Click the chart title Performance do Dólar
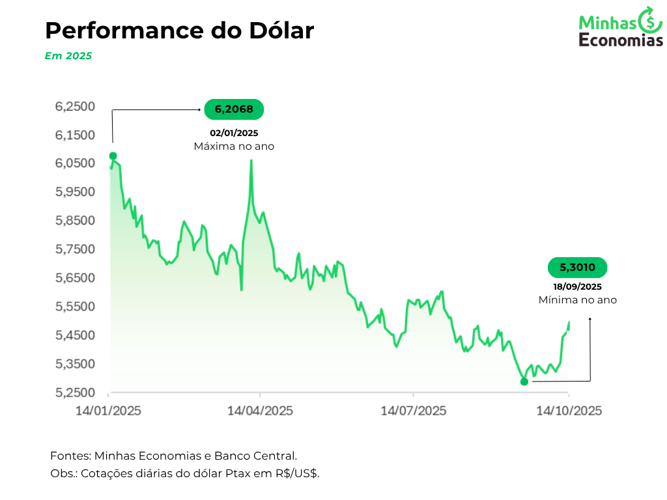tap(179, 31)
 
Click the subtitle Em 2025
tap(68, 56)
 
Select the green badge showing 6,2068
tap(234, 109)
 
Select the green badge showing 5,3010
tap(576, 267)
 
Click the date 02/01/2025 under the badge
tap(234, 133)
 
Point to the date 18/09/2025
tap(576, 286)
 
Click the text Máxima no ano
tap(234, 146)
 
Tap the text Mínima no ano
tap(577, 300)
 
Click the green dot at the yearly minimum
tap(524, 382)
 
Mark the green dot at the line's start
tap(113, 156)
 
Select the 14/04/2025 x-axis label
tap(260, 411)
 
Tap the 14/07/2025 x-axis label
tap(414, 411)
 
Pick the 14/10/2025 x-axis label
tap(569, 411)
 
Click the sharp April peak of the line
tap(251, 161)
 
